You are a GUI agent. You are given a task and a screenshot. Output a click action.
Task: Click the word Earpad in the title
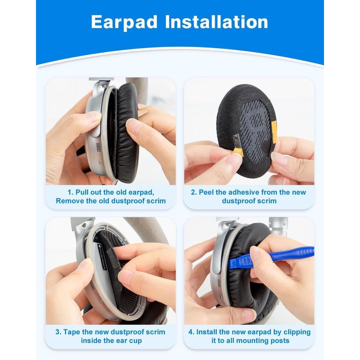pyautogui.click(x=124, y=22)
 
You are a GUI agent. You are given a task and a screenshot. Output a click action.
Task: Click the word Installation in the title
pyautogui.click(x=216, y=22)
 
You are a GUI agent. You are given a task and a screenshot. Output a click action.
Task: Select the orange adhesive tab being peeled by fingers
pyautogui.click(x=237, y=152)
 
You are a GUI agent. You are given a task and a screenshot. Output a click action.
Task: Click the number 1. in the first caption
pyautogui.click(x=71, y=192)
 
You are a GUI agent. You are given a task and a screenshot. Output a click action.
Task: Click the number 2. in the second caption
pyautogui.click(x=194, y=192)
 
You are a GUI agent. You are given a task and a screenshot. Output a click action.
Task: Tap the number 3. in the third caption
pyautogui.click(x=58, y=332)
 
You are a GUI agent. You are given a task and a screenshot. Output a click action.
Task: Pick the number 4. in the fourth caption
pyautogui.click(x=192, y=332)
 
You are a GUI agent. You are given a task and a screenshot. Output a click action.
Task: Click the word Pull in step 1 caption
pyautogui.click(x=81, y=192)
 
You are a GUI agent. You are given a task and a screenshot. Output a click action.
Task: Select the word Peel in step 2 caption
pyautogui.click(x=206, y=192)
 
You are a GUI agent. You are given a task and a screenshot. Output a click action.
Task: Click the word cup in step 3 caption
pyautogui.click(x=136, y=341)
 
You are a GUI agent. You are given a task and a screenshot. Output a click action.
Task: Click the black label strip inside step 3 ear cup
pyautogui.click(x=101, y=257)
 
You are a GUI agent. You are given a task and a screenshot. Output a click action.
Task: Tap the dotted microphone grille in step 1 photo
pyautogui.click(x=98, y=147)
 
